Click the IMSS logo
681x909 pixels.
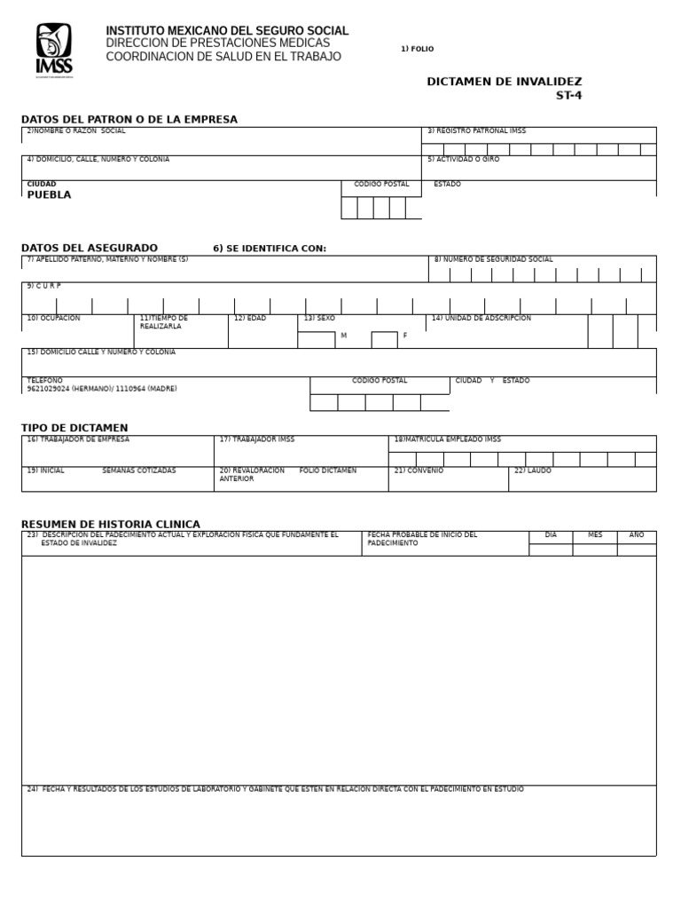point(54,51)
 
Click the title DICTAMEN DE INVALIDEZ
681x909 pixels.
point(505,82)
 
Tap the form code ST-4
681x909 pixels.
point(568,96)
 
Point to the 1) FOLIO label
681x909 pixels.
point(417,49)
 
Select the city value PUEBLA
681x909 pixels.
point(49,195)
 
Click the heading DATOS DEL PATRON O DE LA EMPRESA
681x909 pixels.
point(129,119)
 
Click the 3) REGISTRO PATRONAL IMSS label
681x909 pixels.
point(476,131)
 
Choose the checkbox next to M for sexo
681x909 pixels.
point(316,339)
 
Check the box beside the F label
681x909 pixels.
point(384,339)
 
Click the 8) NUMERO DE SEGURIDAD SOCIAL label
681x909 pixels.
point(493,260)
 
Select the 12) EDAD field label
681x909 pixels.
point(250,318)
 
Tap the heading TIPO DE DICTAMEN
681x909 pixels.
point(74,428)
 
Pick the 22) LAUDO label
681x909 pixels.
point(533,470)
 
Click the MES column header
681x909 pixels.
point(594,535)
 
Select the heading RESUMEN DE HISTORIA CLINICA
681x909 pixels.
point(111,524)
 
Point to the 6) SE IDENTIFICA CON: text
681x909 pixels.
point(270,249)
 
